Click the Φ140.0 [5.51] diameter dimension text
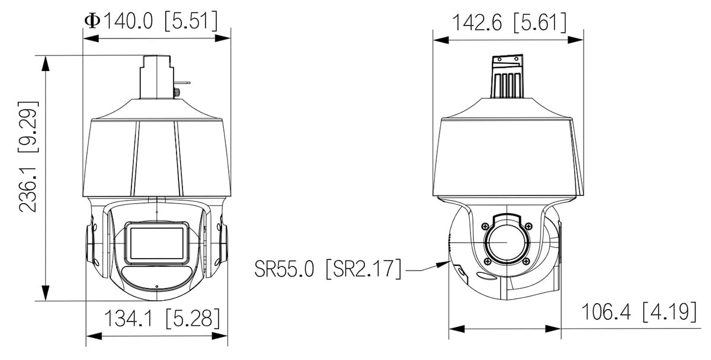151,21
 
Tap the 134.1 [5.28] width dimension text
162,319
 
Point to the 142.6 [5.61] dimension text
509,23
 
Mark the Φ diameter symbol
92,21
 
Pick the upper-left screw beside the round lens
486,225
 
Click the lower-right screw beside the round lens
526,260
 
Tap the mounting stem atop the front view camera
156,77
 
